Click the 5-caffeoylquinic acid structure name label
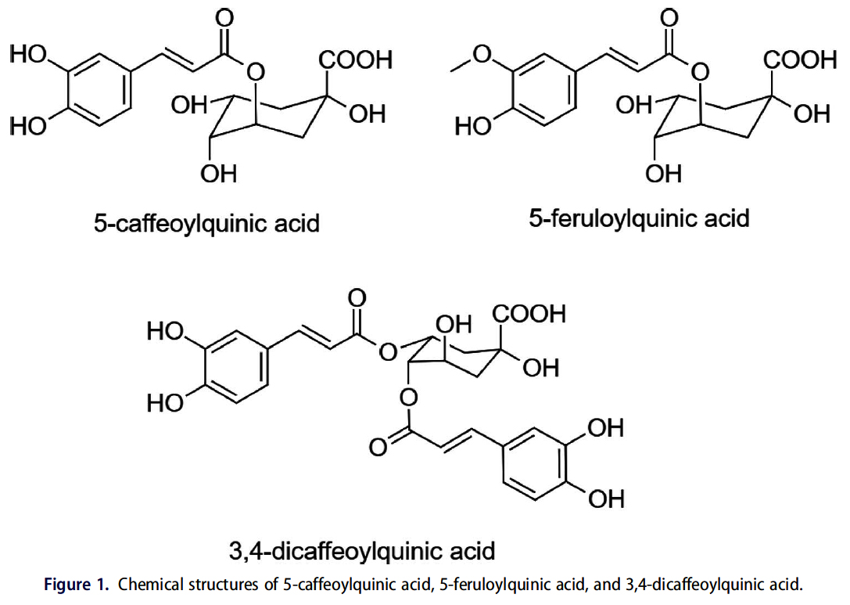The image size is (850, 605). [206, 224]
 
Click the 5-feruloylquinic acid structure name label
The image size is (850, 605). [639, 218]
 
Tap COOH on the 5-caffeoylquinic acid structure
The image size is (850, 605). [355, 61]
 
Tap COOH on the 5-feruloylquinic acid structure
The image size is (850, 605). [798, 61]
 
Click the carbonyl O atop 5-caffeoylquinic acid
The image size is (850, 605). [225, 16]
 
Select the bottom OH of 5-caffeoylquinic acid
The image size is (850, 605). [219, 174]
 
